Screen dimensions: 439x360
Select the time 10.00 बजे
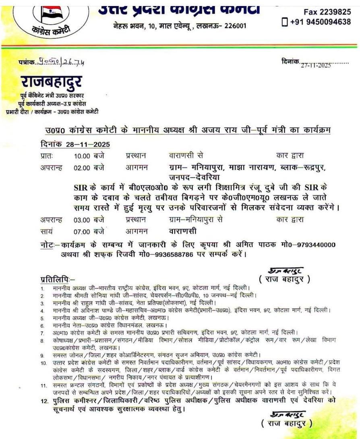coord(89,155)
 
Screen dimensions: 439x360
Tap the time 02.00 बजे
coord(89,167)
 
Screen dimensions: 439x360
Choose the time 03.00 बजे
coord(89,220)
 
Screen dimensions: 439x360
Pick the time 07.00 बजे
coord(89,232)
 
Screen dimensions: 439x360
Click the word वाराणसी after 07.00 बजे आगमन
coord(183,232)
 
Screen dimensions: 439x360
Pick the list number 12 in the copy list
coord(44,401)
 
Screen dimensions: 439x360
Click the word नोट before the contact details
coord(48,245)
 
